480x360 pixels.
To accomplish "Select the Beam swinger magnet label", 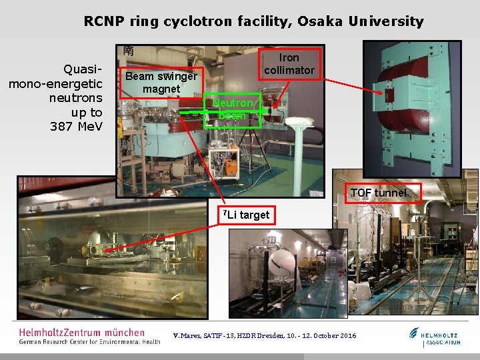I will tap(161, 82).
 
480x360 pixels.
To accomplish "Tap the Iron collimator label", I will tap(289, 63).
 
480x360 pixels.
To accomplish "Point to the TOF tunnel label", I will tap(378, 193).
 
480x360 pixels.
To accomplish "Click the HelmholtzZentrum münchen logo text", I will tap(81, 332).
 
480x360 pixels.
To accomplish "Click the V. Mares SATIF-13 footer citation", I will tap(265, 336).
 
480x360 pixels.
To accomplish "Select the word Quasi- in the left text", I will tap(82, 69).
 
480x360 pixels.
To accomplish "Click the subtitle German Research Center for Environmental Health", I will tap(89, 342).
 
